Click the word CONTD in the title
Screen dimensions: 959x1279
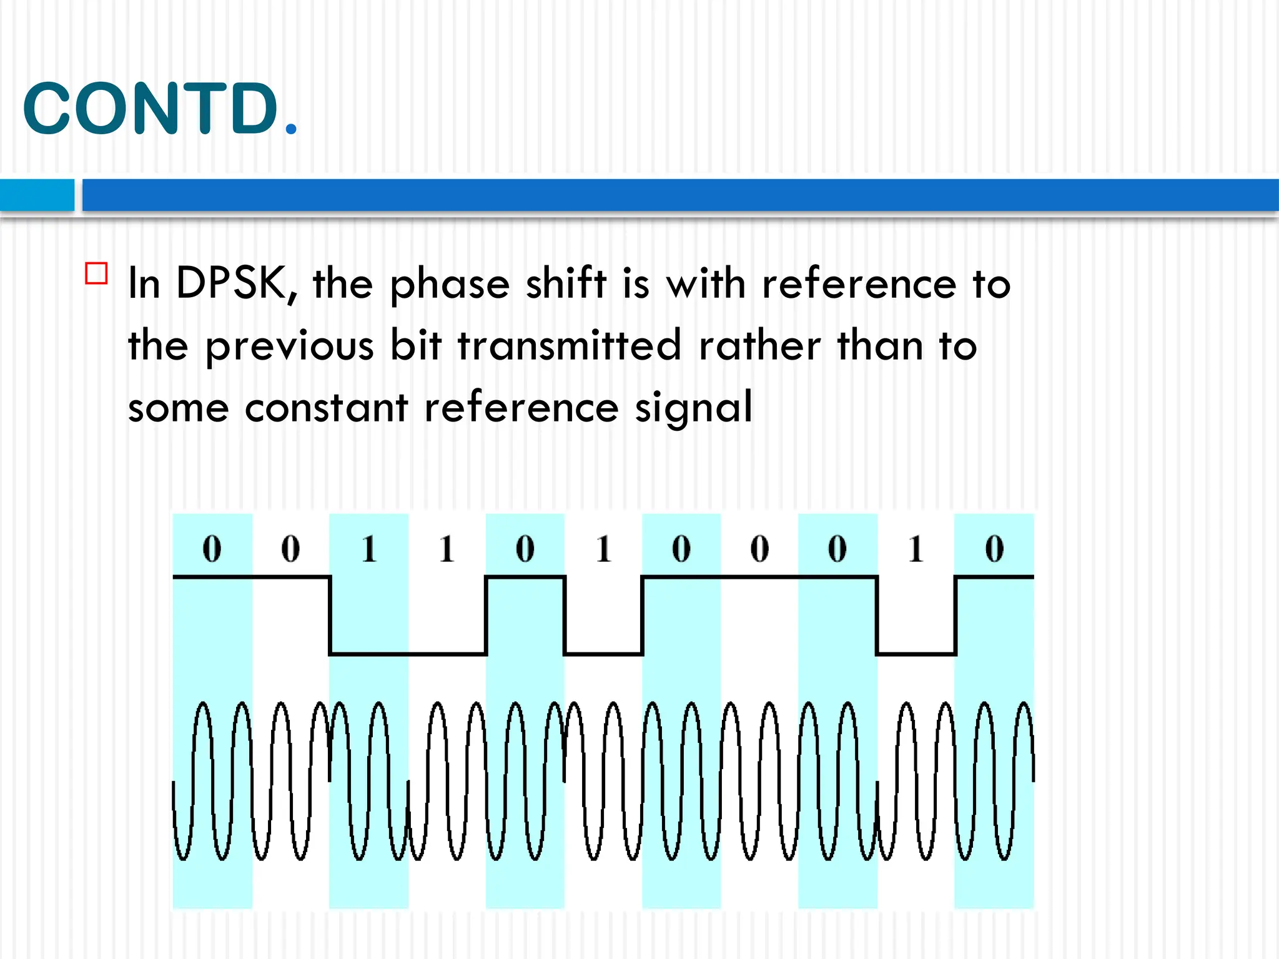tap(150, 109)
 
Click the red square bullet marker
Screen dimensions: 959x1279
tap(96, 273)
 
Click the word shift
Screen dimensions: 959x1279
tap(566, 284)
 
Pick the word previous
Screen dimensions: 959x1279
tap(290, 347)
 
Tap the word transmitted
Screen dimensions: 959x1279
tap(569, 346)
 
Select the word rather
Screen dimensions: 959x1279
tap(759, 346)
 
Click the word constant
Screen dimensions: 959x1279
tap(326, 408)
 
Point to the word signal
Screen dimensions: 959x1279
tap(693, 410)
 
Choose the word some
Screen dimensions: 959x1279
tap(179, 410)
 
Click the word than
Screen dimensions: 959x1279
tap(880, 346)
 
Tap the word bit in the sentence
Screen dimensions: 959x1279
tap(416, 346)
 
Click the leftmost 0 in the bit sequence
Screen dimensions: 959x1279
tap(212, 549)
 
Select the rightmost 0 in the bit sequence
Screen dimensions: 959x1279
tap(994, 549)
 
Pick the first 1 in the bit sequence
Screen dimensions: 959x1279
tap(369, 549)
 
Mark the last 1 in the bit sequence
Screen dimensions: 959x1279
tap(916, 549)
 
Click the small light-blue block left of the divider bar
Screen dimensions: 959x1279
tap(37, 195)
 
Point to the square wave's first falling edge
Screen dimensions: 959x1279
tap(330, 616)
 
